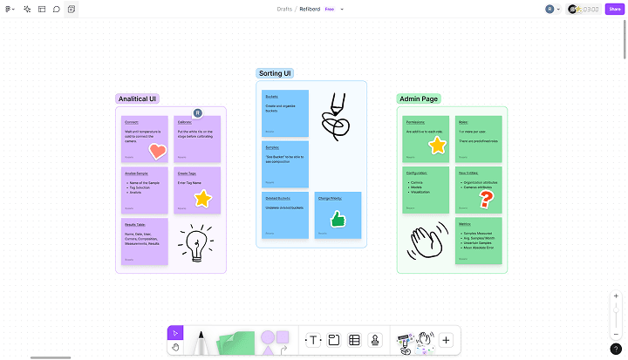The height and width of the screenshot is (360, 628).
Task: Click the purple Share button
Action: pos(615,9)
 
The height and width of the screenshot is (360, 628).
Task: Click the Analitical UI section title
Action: pos(138,98)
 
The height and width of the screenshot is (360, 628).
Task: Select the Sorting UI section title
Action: pos(275,73)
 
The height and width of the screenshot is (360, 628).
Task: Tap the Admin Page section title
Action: pos(419,98)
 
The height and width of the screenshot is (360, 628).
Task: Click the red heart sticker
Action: pos(157,151)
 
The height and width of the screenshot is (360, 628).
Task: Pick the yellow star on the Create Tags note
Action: pos(202,199)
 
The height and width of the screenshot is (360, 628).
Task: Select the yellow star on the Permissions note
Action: pos(437,146)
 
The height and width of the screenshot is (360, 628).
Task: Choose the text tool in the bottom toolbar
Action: pos(313,340)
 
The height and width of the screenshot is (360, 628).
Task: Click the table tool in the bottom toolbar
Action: pos(354,340)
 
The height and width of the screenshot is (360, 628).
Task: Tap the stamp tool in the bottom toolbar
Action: pos(375,340)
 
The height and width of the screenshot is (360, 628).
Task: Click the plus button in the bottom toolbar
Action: pos(446,340)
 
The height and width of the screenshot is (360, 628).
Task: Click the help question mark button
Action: pos(616,349)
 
